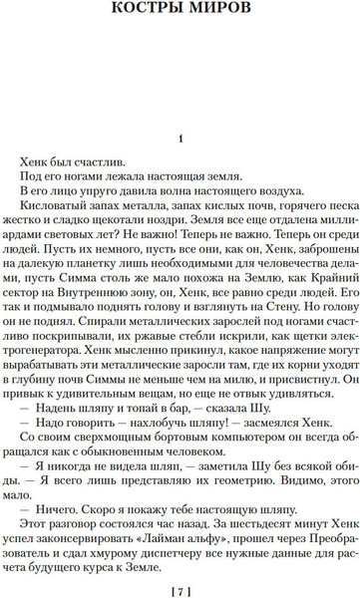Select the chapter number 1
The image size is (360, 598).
tap(180, 140)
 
